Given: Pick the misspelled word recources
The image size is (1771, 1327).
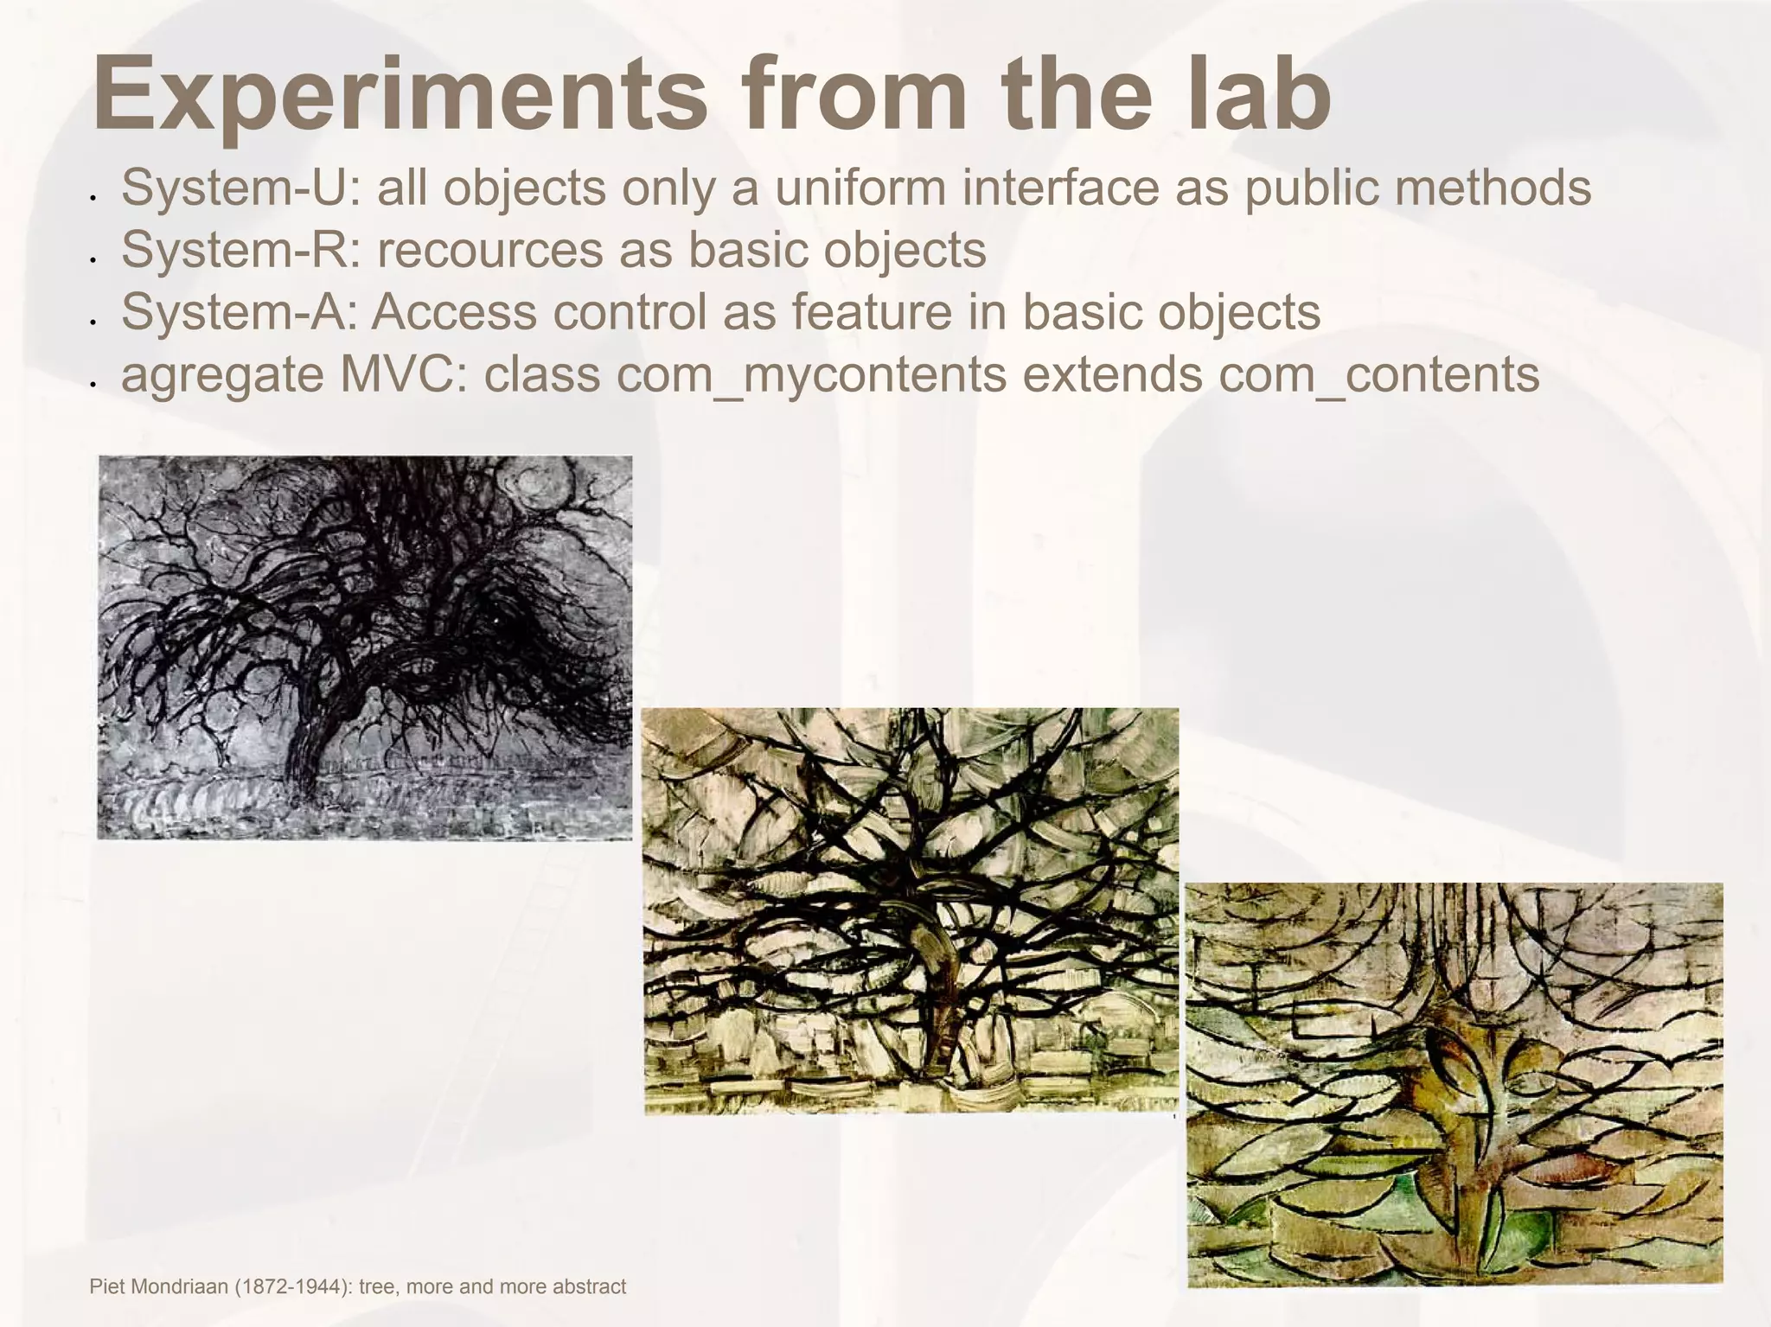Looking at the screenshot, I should (489, 250).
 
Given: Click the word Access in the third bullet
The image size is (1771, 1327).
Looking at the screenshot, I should (454, 312).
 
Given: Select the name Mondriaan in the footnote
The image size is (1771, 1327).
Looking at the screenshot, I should (184, 1286).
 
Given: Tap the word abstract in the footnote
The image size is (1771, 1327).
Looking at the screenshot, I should (589, 1286).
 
